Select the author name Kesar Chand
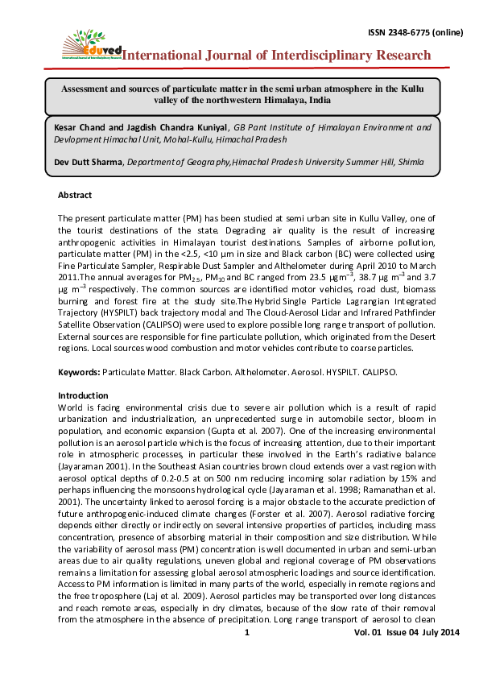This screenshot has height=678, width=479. (81, 127)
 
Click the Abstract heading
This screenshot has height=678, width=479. (75, 195)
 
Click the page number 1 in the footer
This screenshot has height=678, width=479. (248, 657)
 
